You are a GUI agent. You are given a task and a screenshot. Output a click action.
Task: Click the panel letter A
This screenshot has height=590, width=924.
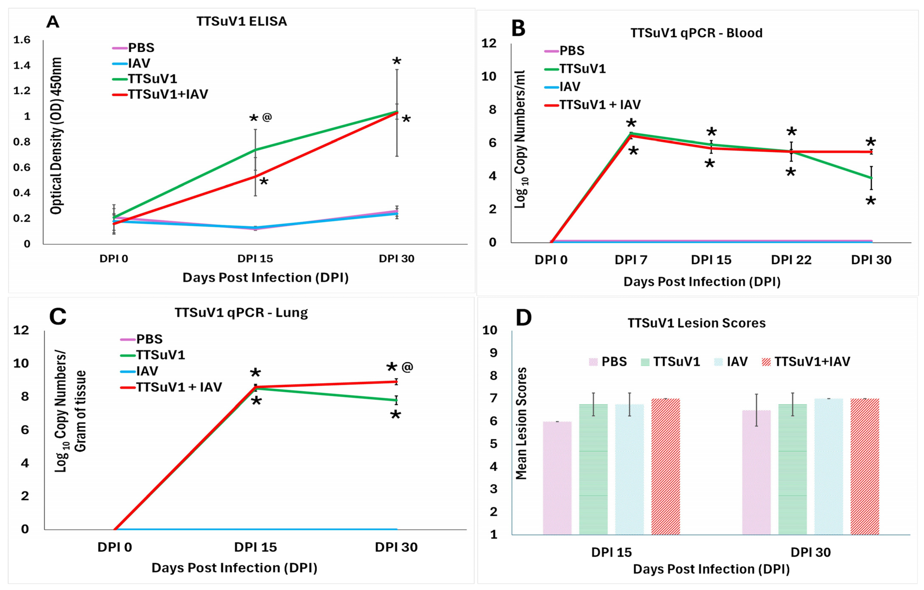53,22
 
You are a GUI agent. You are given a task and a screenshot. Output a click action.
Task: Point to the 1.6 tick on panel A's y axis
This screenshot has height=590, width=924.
22,40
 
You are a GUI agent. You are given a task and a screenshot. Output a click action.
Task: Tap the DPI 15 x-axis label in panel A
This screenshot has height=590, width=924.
255,259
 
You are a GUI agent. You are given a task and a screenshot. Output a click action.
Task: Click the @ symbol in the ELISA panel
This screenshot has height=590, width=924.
267,117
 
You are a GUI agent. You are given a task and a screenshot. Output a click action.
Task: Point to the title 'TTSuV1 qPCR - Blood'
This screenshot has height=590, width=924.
697,33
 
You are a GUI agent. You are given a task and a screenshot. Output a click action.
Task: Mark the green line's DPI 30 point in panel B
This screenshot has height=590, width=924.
871,178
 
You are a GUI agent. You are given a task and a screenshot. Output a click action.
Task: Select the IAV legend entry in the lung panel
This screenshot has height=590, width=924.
147,371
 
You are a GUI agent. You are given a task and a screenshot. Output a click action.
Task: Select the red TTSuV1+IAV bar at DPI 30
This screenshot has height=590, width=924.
865,466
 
